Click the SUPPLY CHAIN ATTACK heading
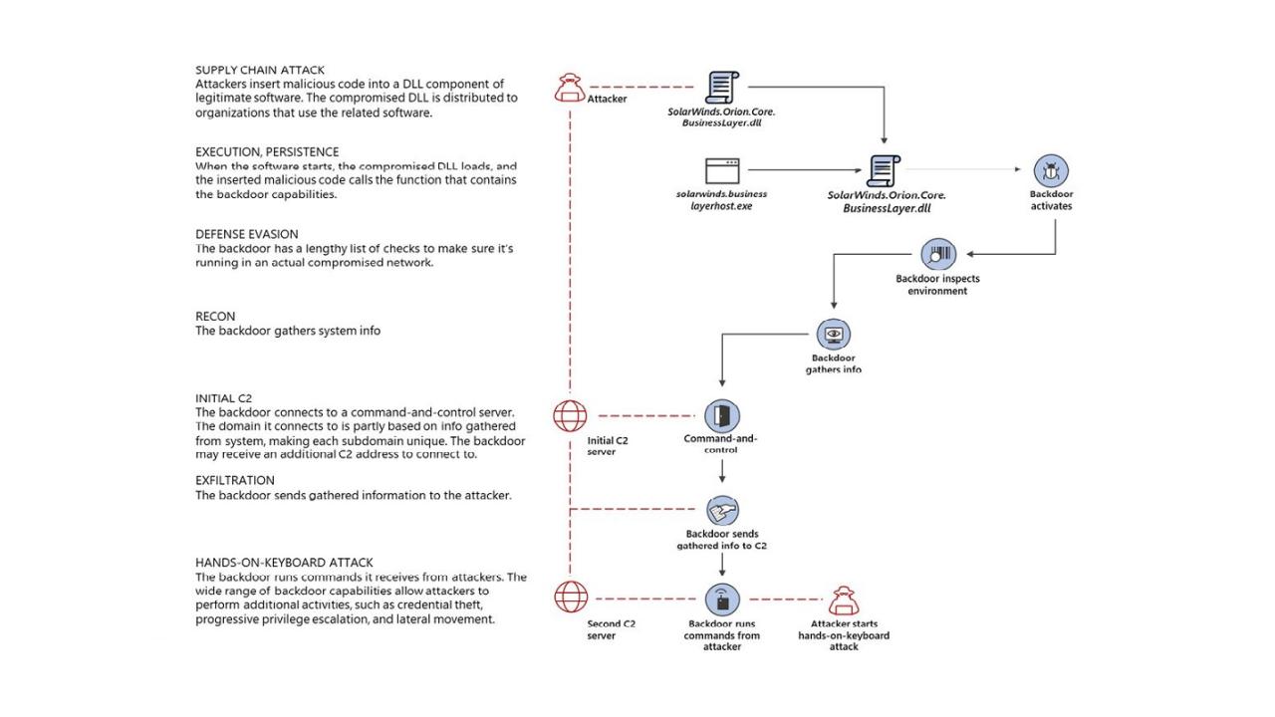click(x=260, y=70)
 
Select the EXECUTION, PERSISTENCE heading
click(x=267, y=152)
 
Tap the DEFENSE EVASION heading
click(x=246, y=234)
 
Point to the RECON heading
click(x=215, y=317)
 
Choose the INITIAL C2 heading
click(x=223, y=398)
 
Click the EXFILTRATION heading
click(x=234, y=480)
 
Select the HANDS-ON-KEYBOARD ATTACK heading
click(x=284, y=563)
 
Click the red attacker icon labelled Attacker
click(x=570, y=88)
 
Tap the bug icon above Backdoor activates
click(x=1051, y=170)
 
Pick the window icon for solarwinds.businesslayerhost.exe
click(x=722, y=170)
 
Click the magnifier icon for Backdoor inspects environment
click(x=938, y=254)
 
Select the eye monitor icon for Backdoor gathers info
click(x=834, y=334)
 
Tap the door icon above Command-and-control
click(x=722, y=416)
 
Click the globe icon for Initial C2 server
click(x=570, y=416)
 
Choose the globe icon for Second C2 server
click(x=571, y=597)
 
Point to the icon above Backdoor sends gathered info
click(x=722, y=510)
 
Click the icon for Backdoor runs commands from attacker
click(x=722, y=599)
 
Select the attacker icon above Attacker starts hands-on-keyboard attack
click(x=844, y=600)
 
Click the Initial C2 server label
click(x=608, y=446)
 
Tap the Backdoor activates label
click(x=1051, y=200)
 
